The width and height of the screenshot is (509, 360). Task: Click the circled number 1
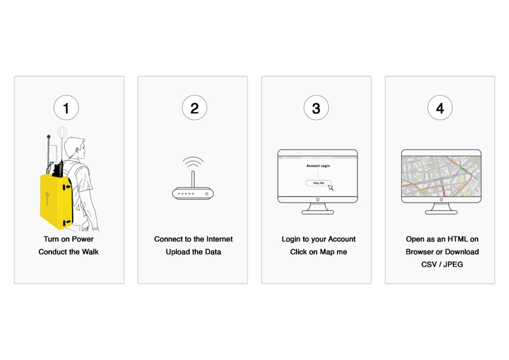pyautogui.click(x=66, y=108)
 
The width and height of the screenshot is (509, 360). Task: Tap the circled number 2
pyautogui.click(x=194, y=108)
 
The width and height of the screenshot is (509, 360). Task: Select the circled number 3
pyautogui.click(x=316, y=108)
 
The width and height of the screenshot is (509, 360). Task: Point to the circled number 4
pyautogui.click(x=440, y=108)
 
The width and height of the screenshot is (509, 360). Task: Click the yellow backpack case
pyautogui.click(x=56, y=200)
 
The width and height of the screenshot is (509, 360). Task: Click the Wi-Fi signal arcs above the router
pyautogui.click(x=193, y=161)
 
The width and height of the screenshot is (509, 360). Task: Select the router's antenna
pyautogui.click(x=193, y=179)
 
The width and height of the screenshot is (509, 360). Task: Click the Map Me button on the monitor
pyautogui.click(x=319, y=183)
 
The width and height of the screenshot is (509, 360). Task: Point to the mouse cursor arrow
pyautogui.click(x=331, y=187)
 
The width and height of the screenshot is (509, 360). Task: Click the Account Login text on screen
pyautogui.click(x=318, y=166)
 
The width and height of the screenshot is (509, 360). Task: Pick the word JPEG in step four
pyautogui.click(x=453, y=265)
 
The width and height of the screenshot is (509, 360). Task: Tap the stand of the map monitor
pyautogui.click(x=441, y=209)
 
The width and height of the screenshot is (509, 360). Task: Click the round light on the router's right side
pyautogui.click(x=207, y=194)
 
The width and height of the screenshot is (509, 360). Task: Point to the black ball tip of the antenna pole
pyautogui.click(x=49, y=137)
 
